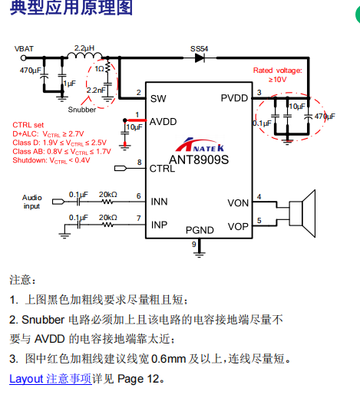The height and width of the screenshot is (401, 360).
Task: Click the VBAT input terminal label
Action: pyautogui.click(x=24, y=48)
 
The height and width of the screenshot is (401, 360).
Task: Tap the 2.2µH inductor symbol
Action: pyautogui.click(x=84, y=55)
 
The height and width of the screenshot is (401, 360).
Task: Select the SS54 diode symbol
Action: pyautogui.click(x=200, y=58)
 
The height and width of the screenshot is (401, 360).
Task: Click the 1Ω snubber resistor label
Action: pyautogui.click(x=99, y=69)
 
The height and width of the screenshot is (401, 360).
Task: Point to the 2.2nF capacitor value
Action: pyautogui.click(x=96, y=90)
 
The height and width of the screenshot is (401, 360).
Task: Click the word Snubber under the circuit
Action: pyautogui.click(x=82, y=110)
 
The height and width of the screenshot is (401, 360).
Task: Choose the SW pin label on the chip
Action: pyautogui.click(x=158, y=99)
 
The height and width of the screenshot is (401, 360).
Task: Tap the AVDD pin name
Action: pyautogui.click(x=163, y=122)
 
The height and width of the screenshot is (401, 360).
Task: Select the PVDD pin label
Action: pyautogui.click(x=234, y=98)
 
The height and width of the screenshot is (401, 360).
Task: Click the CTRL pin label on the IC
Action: pyautogui.click(x=162, y=169)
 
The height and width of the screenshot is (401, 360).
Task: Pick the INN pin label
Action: pyautogui.click(x=159, y=202)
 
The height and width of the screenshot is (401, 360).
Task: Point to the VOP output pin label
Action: pyautogui.click(x=238, y=227)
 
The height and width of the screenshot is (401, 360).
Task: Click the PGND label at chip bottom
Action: pyautogui.click(x=200, y=230)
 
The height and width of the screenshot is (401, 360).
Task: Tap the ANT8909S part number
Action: pyautogui.click(x=199, y=159)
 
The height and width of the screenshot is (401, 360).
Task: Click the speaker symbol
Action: pyautogui.click(x=302, y=214)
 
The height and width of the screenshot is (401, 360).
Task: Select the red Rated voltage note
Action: pyautogui.click(x=278, y=74)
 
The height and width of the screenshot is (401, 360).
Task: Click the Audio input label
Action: pyautogui.click(x=31, y=202)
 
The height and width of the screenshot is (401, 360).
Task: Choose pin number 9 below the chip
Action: pyautogui.click(x=194, y=245)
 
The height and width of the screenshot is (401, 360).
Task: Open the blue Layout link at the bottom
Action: pyautogui.click(x=51, y=379)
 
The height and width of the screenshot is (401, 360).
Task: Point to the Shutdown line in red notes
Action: pyautogui.click(x=51, y=160)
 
